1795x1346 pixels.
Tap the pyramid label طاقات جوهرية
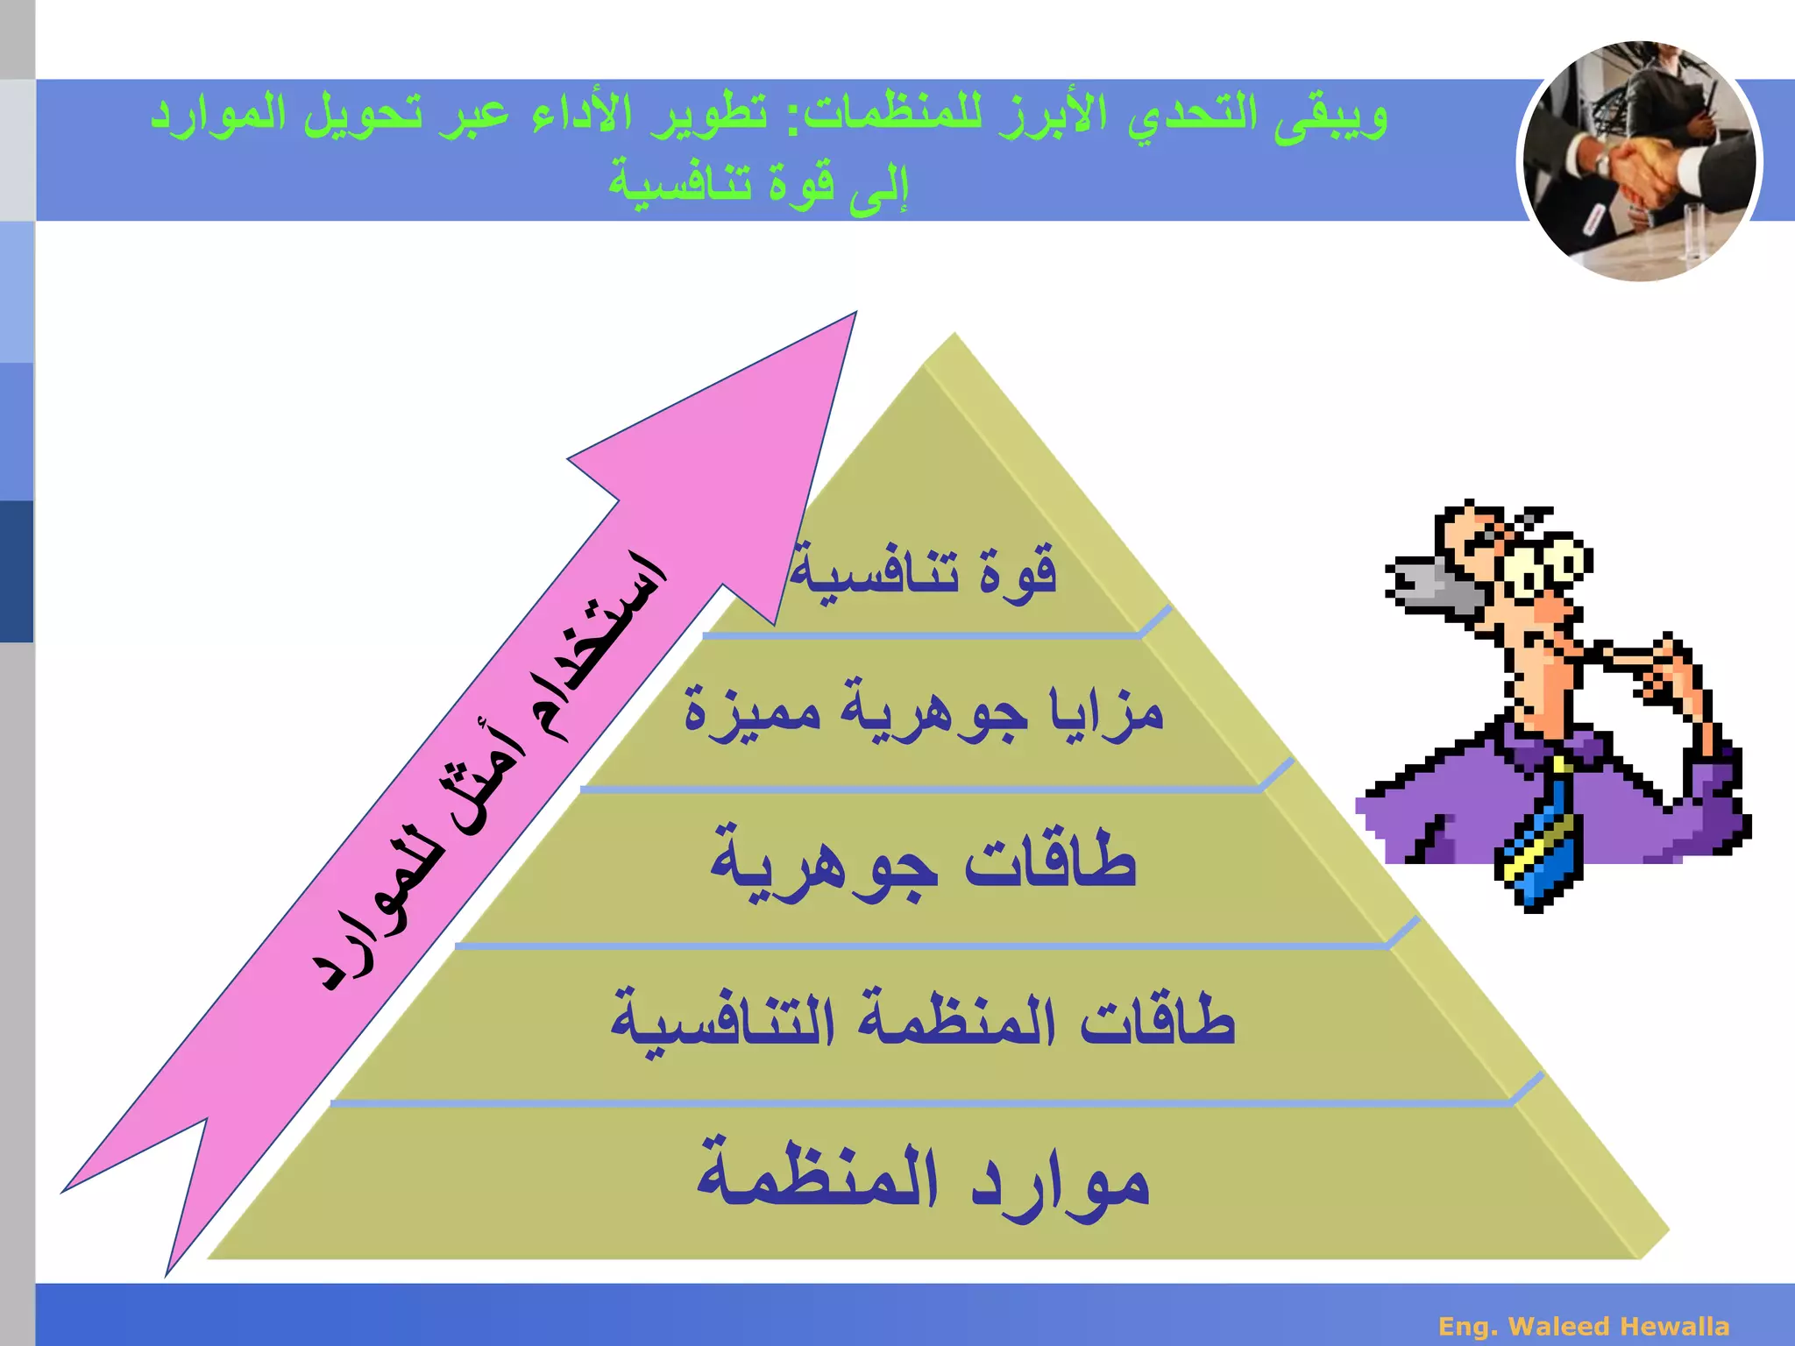click(x=924, y=863)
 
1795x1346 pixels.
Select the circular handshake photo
click(x=1639, y=162)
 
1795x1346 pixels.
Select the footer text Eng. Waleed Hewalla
click(x=1584, y=1326)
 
